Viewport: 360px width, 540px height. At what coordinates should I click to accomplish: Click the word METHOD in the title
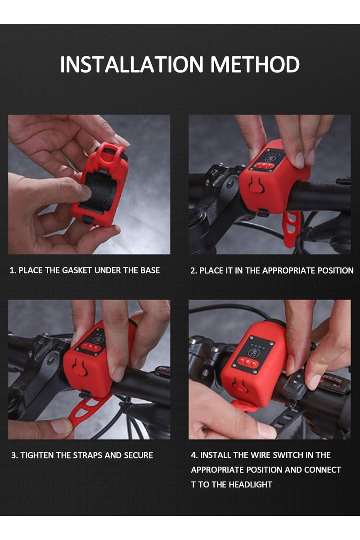255,64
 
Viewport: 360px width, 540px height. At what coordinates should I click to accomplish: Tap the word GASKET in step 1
77,270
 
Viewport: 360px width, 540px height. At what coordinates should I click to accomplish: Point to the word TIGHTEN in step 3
37,455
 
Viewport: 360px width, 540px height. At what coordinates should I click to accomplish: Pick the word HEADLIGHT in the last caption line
250,484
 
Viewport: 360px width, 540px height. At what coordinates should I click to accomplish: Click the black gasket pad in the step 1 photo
99,190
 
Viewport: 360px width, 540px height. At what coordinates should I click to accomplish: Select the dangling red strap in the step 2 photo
291,229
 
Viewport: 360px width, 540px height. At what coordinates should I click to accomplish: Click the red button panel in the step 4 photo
248,363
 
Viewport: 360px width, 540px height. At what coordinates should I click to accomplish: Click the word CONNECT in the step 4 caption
322,470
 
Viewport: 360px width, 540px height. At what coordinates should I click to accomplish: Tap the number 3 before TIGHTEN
14,455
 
